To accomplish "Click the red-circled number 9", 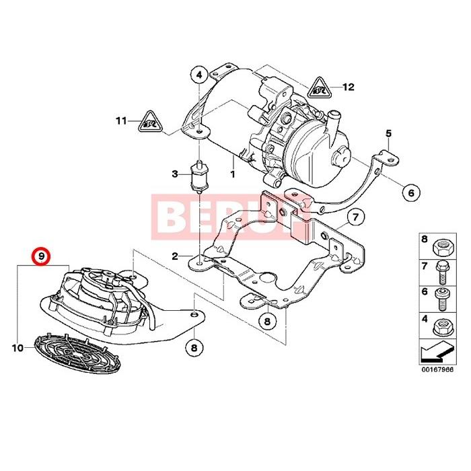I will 41,256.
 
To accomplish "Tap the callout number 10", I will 17,348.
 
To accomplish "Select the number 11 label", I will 120,121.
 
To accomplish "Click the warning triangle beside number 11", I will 151,122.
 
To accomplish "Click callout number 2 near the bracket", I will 174,256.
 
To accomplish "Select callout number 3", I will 175,174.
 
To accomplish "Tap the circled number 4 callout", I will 199,75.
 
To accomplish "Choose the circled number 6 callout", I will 408,192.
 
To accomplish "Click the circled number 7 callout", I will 356,217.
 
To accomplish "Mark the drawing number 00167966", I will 437,369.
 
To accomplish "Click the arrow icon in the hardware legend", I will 437,351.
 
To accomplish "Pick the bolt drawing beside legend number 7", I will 443,270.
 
